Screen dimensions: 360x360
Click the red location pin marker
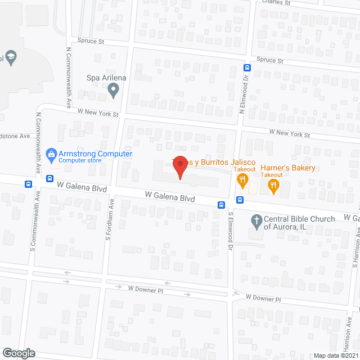[179, 166]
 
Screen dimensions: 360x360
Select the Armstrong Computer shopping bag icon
[51, 154]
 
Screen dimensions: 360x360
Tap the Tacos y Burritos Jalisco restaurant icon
[243, 181]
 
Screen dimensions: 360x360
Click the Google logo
[18, 353]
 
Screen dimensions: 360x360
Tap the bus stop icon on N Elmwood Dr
[246, 67]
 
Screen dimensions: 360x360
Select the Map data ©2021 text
[335, 355]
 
